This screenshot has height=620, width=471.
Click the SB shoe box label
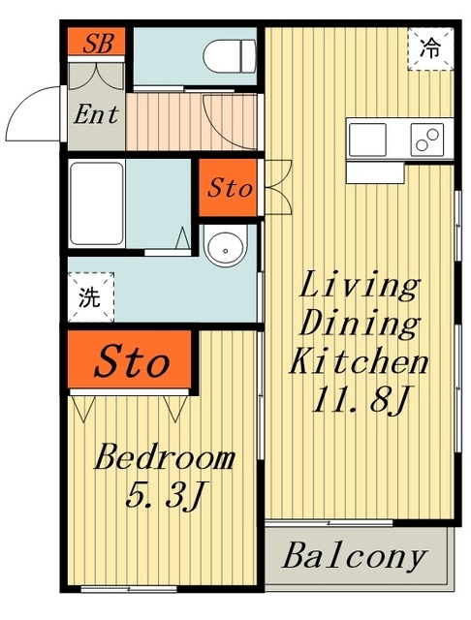(x=99, y=43)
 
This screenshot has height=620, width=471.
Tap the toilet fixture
(x=230, y=56)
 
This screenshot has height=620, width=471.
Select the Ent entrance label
(x=96, y=114)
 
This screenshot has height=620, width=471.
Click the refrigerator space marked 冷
(x=430, y=49)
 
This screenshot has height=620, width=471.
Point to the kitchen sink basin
(x=367, y=139)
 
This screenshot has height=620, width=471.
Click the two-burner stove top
(x=427, y=139)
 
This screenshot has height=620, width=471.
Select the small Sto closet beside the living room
(x=228, y=188)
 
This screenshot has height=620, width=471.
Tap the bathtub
(x=97, y=203)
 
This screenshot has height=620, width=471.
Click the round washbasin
(x=226, y=246)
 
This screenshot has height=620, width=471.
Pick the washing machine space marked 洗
(x=91, y=297)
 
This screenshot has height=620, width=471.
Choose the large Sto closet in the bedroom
(x=130, y=359)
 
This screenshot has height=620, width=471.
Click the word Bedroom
(x=164, y=458)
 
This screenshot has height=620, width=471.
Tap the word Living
(x=360, y=287)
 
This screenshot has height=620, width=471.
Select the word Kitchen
(x=360, y=360)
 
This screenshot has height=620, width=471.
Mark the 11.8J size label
(x=360, y=399)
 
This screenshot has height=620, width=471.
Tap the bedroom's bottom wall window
(x=129, y=589)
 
